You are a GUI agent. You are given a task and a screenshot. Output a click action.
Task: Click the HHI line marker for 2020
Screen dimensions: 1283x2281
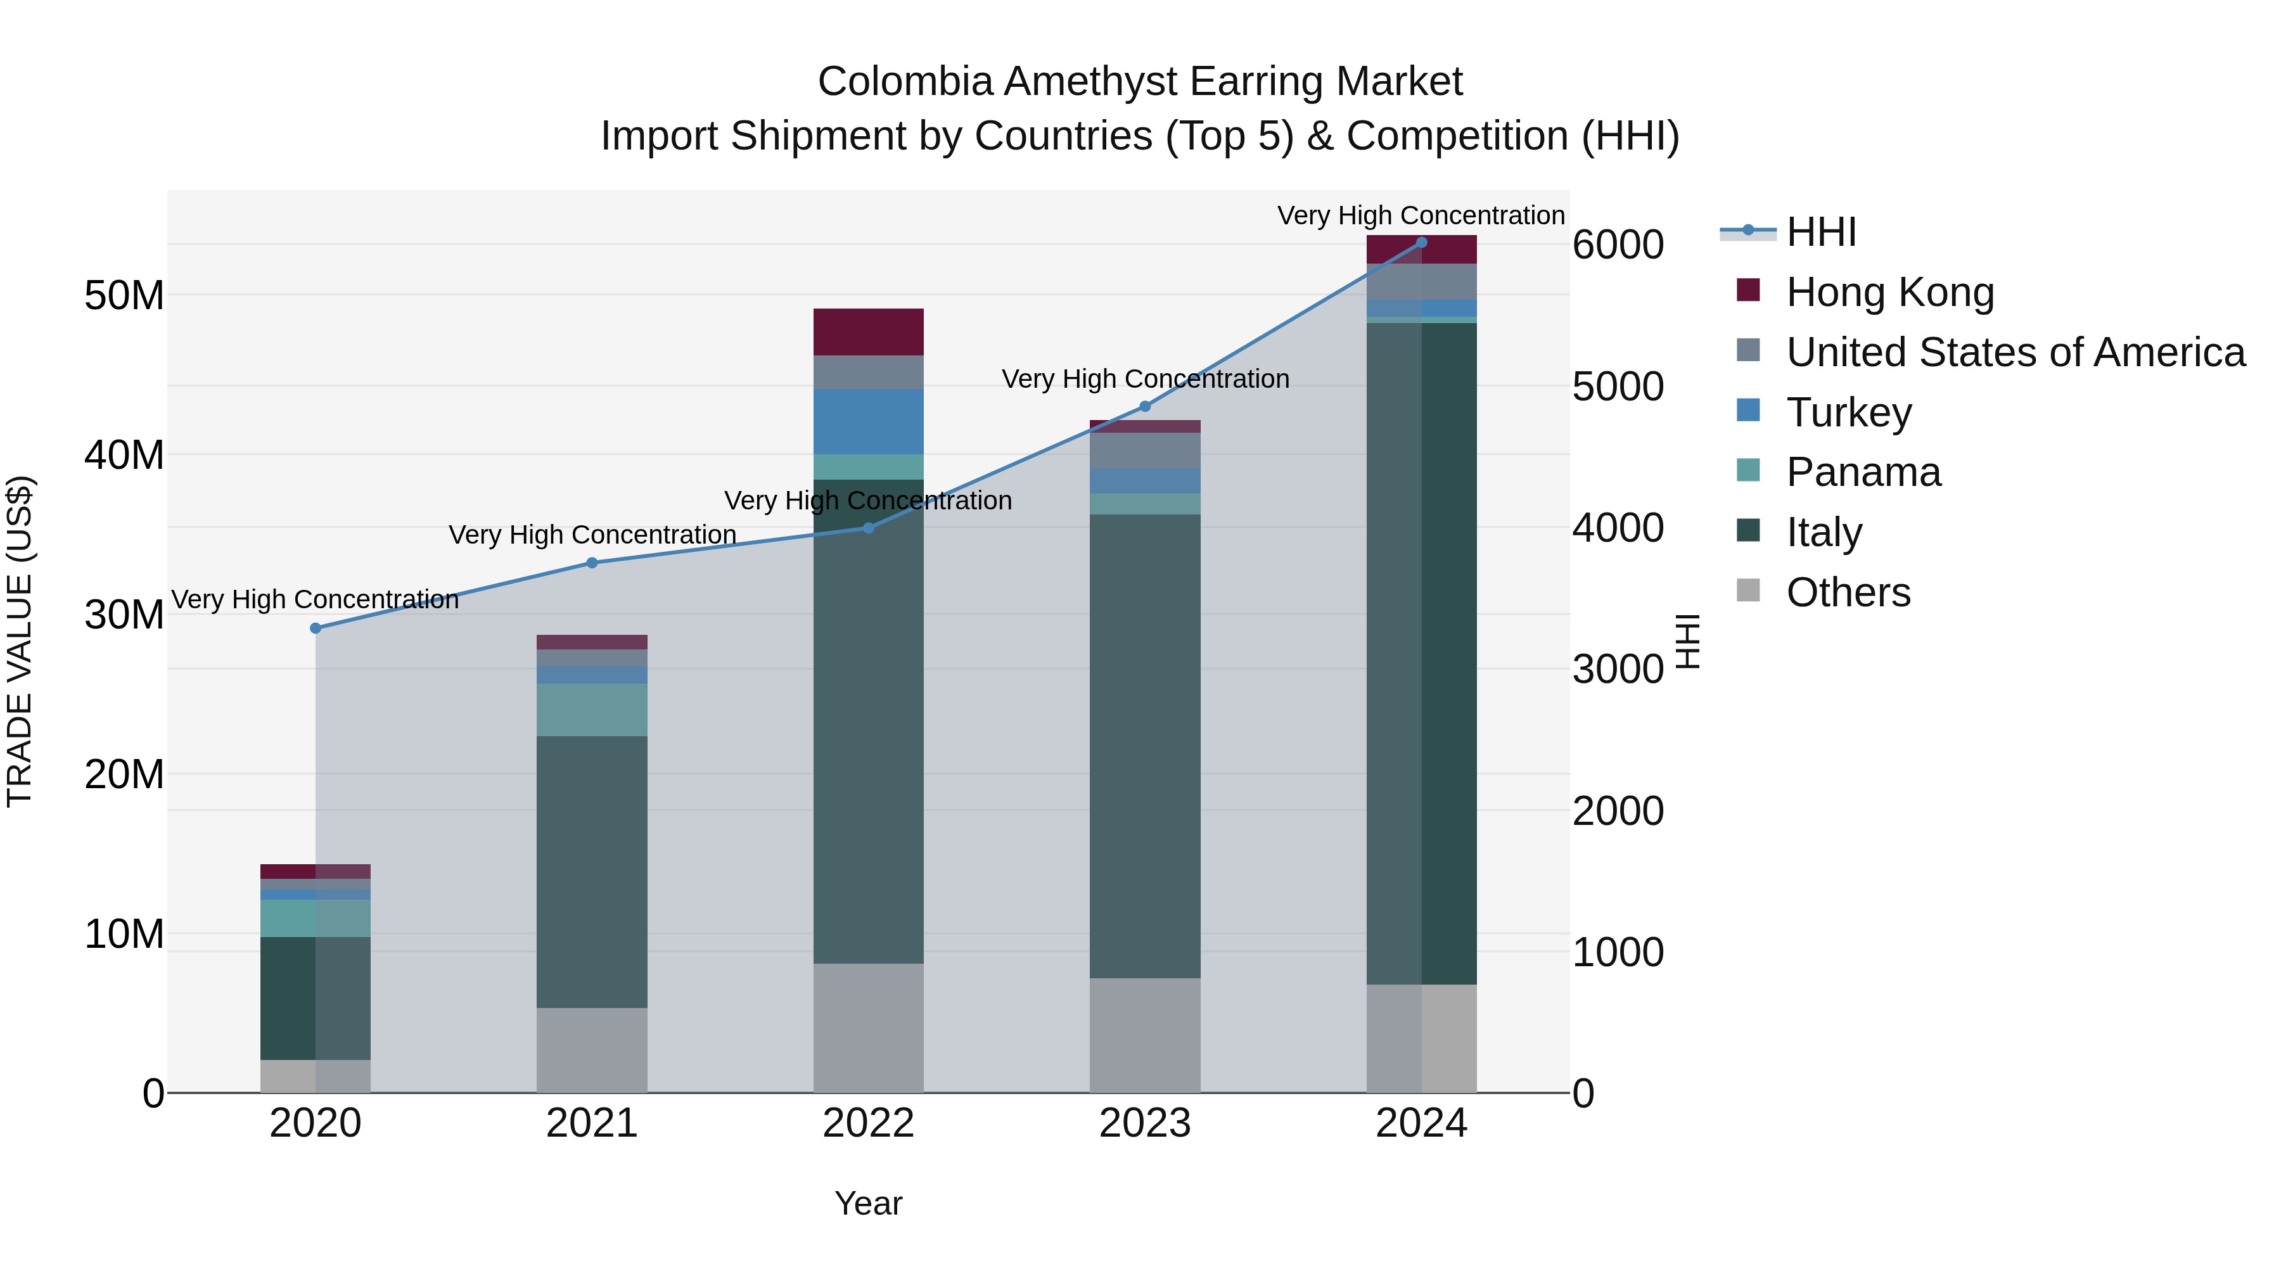pyautogui.click(x=316, y=628)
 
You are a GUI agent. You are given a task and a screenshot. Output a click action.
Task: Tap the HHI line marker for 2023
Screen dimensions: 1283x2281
pyautogui.click(x=1145, y=406)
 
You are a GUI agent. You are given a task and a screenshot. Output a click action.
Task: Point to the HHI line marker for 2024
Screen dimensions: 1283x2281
pyautogui.click(x=1421, y=243)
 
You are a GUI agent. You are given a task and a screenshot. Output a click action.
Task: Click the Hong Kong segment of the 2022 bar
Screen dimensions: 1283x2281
pyautogui.click(x=868, y=332)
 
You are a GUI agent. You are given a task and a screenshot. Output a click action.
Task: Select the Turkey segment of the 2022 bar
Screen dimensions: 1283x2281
pyautogui.click(x=868, y=421)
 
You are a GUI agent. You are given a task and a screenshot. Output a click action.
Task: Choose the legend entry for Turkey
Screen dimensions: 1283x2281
pyautogui.click(x=1849, y=412)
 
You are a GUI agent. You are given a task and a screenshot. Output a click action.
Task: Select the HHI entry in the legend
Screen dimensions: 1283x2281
pyautogui.click(x=1820, y=232)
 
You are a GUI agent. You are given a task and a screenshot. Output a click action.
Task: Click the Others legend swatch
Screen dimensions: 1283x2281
pyautogui.click(x=1748, y=590)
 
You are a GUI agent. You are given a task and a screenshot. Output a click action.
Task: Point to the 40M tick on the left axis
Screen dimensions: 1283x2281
pyautogui.click(x=124, y=455)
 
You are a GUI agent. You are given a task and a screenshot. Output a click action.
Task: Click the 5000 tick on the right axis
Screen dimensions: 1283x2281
pyautogui.click(x=1618, y=387)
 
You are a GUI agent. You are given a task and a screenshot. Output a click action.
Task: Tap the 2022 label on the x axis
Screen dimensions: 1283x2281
pyautogui.click(x=868, y=1123)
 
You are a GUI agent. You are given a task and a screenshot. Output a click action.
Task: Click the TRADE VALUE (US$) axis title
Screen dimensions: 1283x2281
pyautogui.click(x=20, y=641)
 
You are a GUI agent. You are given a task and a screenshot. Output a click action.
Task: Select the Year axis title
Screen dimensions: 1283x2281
pyautogui.click(x=868, y=1203)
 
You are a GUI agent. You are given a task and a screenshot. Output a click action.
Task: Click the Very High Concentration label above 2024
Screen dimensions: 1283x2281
pyautogui.click(x=1421, y=215)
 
